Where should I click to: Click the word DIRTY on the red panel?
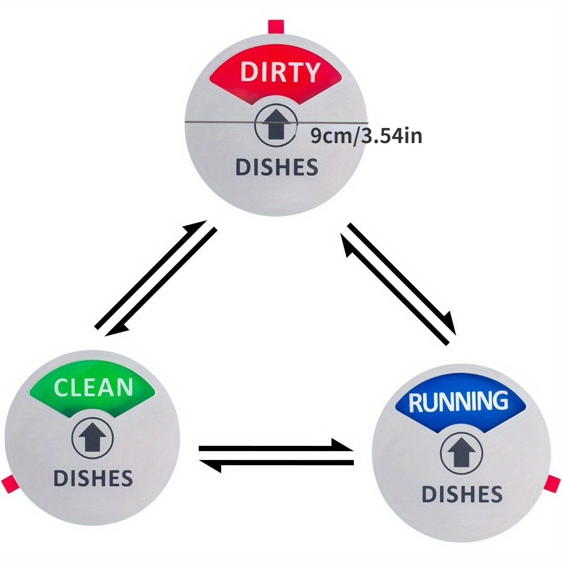click(x=280, y=71)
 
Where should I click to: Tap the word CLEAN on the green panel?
click(x=93, y=387)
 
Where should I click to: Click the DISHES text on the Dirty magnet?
click(x=277, y=167)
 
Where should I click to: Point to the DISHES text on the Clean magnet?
click(x=93, y=478)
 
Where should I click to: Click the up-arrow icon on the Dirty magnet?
click(x=276, y=124)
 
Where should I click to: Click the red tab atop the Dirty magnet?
click(x=276, y=27)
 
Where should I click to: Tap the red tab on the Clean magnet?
click(x=9, y=483)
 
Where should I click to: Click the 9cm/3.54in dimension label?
click(x=366, y=136)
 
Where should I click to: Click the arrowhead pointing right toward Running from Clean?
click(x=342, y=444)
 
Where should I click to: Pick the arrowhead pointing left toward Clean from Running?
click(x=210, y=466)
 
